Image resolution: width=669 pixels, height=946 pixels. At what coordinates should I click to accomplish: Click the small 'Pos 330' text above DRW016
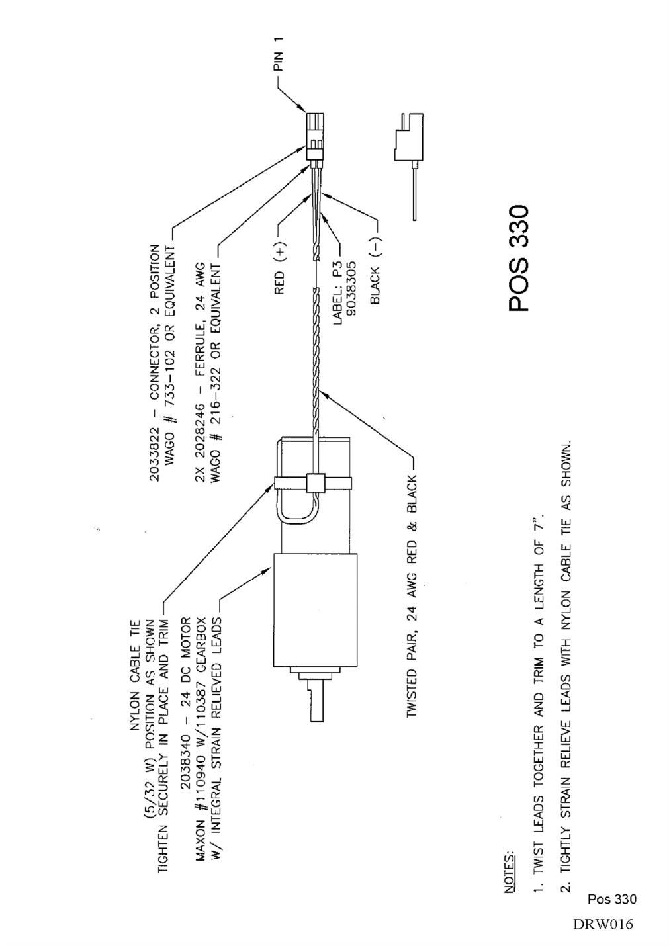[x=612, y=899]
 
